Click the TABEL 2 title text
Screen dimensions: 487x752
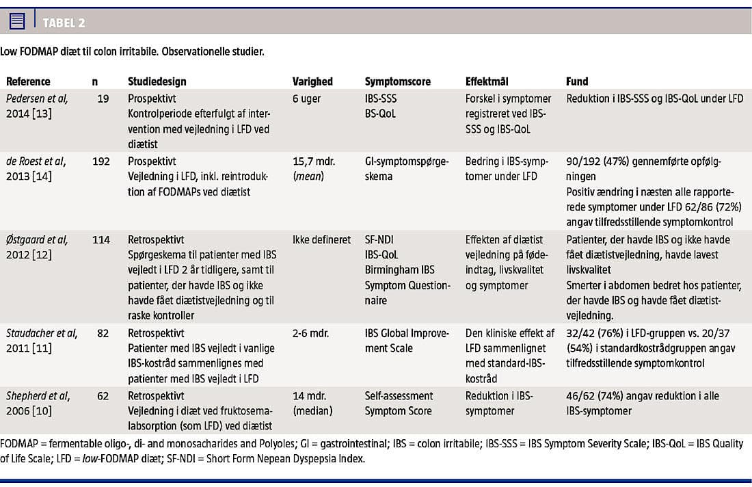click(64, 23)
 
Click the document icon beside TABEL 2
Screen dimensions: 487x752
click(18, 21)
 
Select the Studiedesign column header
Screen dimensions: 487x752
click(157, 81)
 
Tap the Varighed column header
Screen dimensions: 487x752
click(312, 81)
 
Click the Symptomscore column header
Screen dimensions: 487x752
click(397, 81)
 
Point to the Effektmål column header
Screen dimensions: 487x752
click(487, 81)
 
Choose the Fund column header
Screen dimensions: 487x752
click(577, 81)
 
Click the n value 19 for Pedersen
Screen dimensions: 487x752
click(103, 98)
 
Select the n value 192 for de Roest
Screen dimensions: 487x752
click(100, 161)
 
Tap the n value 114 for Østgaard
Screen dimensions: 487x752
click(100, 239)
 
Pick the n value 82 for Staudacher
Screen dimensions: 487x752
click(103, 333)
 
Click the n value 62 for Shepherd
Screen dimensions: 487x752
click(103, 395)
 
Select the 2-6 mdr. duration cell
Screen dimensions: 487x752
click(311, 333)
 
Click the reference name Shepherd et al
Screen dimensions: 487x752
click(38, 395)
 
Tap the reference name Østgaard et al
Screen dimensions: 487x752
click(37, 239)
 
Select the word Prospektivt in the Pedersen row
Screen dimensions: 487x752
click(152, 98)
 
